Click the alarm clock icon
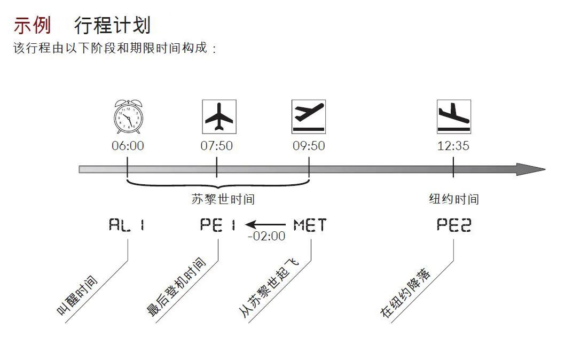(128, 117)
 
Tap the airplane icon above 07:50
(219, 117)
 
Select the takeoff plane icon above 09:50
(309, 117)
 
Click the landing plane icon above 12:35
(454, 117)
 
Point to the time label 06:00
(128, 146)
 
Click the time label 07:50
(217, 146)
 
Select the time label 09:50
(309, 146)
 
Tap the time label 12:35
(453, 146)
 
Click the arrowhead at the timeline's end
(531, 169)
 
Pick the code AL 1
(127, 225)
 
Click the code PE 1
(218, 225)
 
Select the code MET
(310, 225)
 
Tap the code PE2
(454, 225)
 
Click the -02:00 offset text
(266, 236)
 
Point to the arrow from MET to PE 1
(265, 224)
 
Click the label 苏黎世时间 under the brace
(223, 199)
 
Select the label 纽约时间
(454, 199)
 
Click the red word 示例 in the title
(33, 25)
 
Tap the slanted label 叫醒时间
(77, 295)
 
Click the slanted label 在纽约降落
(405, 293)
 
